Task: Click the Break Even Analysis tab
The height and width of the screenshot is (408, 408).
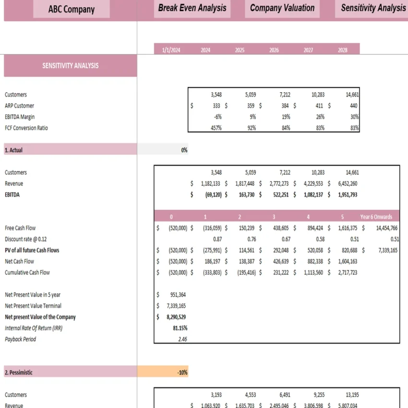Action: (192, 9)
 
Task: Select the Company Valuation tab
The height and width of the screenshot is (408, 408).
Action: (282, 9)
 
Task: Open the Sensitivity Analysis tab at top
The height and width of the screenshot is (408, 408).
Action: (373, 9)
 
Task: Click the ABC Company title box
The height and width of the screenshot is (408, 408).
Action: (71, 9)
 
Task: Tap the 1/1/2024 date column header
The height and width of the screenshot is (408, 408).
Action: (171, 49)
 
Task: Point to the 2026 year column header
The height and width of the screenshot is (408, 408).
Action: (274, 49)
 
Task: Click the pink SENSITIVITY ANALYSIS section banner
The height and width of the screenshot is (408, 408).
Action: (70, 66)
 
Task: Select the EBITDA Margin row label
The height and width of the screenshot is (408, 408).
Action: (20, 117)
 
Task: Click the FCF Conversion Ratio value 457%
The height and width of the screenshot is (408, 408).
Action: (216, 128)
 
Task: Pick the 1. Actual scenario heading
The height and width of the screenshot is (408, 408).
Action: (14, 150)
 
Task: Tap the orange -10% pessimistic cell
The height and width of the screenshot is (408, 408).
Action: (163, 372)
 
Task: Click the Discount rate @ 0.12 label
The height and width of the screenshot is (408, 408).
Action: (26, 239)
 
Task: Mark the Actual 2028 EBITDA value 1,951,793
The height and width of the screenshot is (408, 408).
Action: (343, 195)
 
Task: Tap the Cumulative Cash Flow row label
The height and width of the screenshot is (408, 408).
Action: (27, 273)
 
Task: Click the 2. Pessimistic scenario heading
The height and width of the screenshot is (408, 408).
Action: (19, 372)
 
